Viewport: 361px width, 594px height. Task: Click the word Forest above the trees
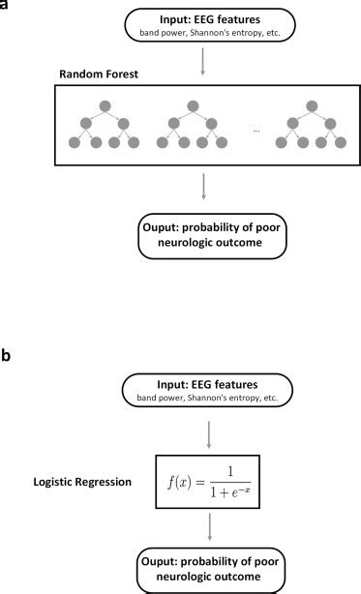point(103,74)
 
